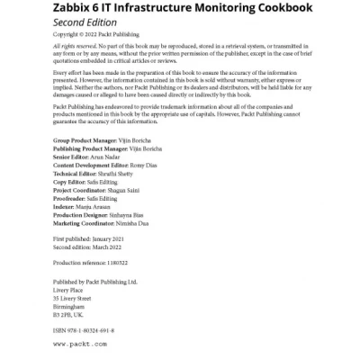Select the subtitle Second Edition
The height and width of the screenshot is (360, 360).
point(90,23)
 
